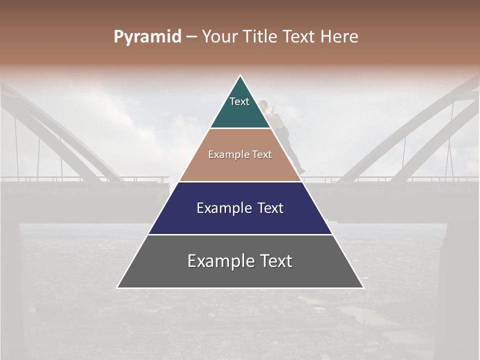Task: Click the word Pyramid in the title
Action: [147, 37]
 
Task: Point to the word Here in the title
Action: [339, 37]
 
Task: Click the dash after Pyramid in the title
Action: [191, 37]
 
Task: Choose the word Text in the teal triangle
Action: [239, 101]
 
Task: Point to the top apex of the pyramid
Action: [240, 75]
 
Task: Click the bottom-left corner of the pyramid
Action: [117, 287]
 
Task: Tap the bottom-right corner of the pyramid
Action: [363, 287]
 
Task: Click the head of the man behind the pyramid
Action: [263, 105]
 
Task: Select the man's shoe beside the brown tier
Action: [301, 171]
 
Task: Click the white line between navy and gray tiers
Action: [240, 234]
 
